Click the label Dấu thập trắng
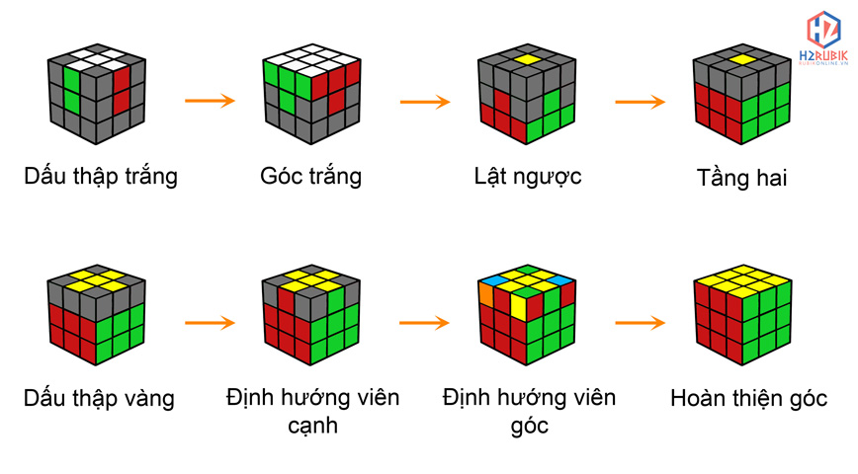coord(101,177)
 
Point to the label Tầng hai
coord(742,179)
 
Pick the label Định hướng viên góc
coord(529,411)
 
